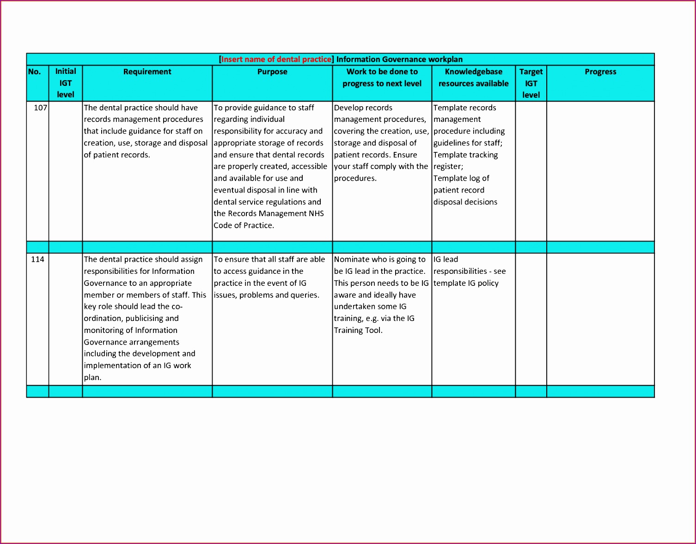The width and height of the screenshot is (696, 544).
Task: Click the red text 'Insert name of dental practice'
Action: (x=276, y=59)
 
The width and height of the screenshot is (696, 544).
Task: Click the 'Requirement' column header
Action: (x=147, y=72)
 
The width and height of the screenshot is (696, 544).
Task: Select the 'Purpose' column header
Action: (x=272, y=72)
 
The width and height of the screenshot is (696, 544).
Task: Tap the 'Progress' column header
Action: (x=600, y=72)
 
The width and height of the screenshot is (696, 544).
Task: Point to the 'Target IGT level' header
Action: (x=531, y=83)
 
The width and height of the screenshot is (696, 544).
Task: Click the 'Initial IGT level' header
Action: (x=66, y=83)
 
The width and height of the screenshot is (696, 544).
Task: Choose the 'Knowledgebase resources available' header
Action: (x=473, y=78)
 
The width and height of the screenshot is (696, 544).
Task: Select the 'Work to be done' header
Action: (x=382, y=78)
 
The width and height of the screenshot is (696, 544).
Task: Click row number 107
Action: (x=40, y=108)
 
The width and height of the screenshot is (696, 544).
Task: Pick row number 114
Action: (x=37, y=259)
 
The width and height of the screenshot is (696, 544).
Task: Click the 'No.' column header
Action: (x=35, y=72)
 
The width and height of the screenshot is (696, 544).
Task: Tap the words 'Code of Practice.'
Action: (x=244, y=225)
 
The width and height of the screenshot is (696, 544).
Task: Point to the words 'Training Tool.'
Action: (x=358, y=330)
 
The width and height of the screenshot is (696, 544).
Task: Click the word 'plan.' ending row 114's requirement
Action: (x=92, y=377)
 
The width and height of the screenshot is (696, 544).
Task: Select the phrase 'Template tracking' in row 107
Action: (x=465, y=155)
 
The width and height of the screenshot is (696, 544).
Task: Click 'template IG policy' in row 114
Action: (x=466, y=283)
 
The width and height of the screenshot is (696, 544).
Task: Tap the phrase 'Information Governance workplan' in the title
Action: (x=399, y=59)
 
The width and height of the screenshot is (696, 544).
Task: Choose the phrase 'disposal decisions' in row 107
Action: (x=465, y=202)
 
